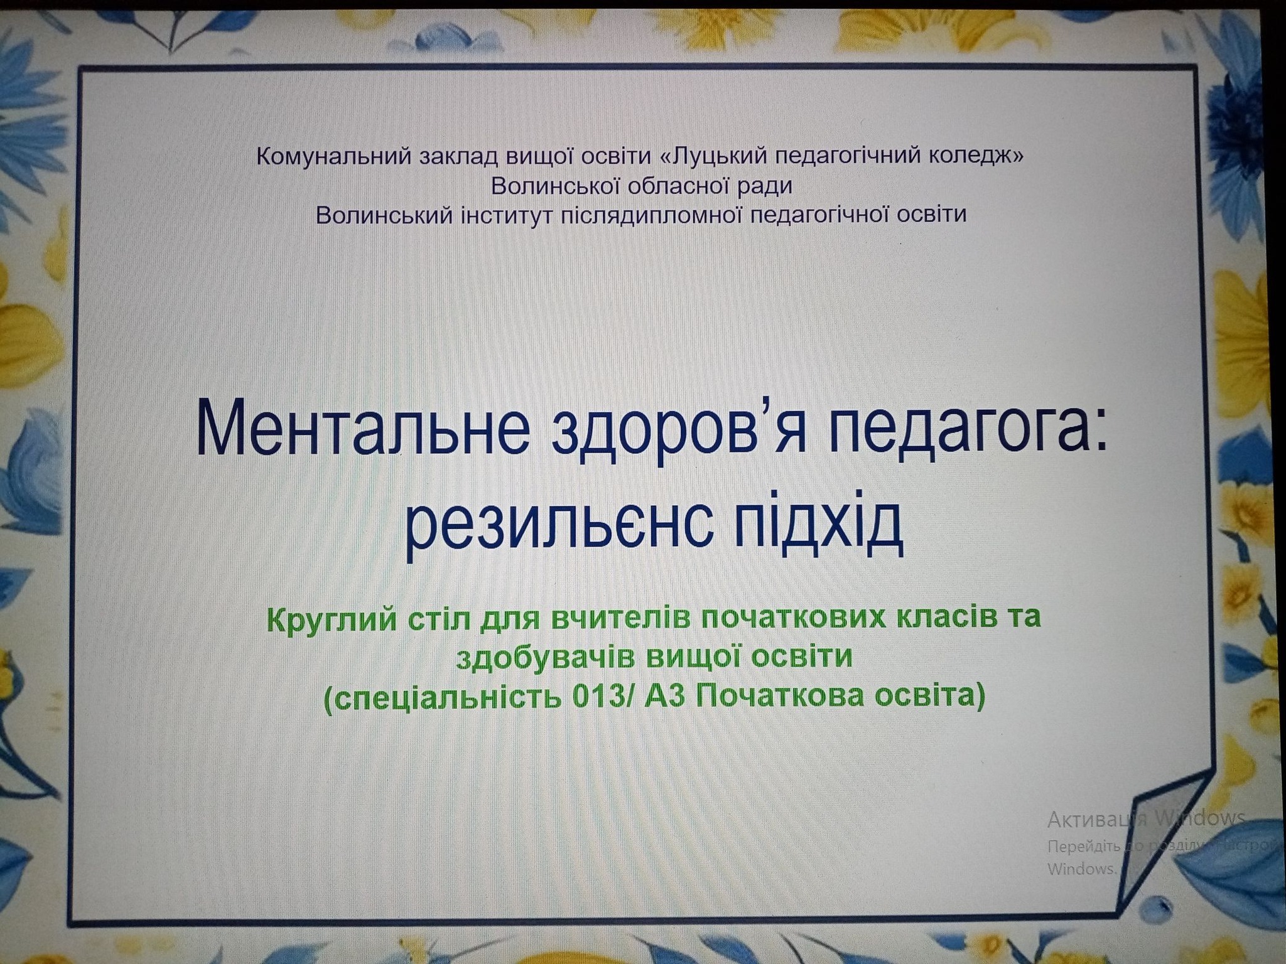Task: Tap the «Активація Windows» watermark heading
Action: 1147,818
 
